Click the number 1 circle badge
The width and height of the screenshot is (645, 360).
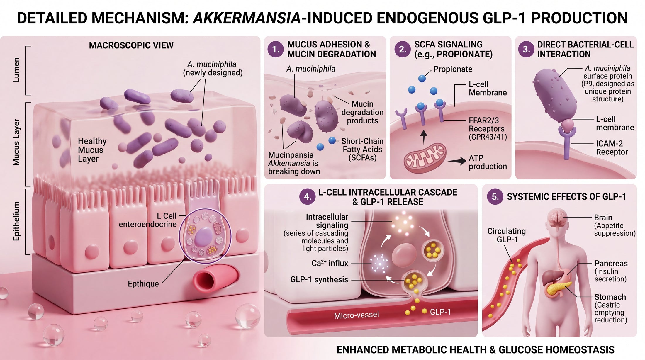pos(276,49)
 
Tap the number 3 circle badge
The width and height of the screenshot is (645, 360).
pos(526,49)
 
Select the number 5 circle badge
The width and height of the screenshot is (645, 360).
pos(495,196)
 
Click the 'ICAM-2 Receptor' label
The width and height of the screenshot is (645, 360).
pos(612,148)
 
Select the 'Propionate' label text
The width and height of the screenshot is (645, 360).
pos(453,69)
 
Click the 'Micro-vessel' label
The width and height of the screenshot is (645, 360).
pos(357,315)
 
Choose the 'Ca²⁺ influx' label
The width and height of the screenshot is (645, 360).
pos(330,263)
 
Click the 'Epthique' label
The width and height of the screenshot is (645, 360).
pos(143,284)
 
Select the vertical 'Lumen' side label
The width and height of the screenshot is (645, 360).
pos(16,70)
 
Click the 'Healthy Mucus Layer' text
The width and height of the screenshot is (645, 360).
pos(92,150)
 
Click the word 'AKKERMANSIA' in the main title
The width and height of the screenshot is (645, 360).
pos(247,18)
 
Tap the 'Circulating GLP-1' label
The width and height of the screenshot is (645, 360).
pos(507,235)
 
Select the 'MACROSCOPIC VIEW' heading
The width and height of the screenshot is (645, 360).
pos(131,45)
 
